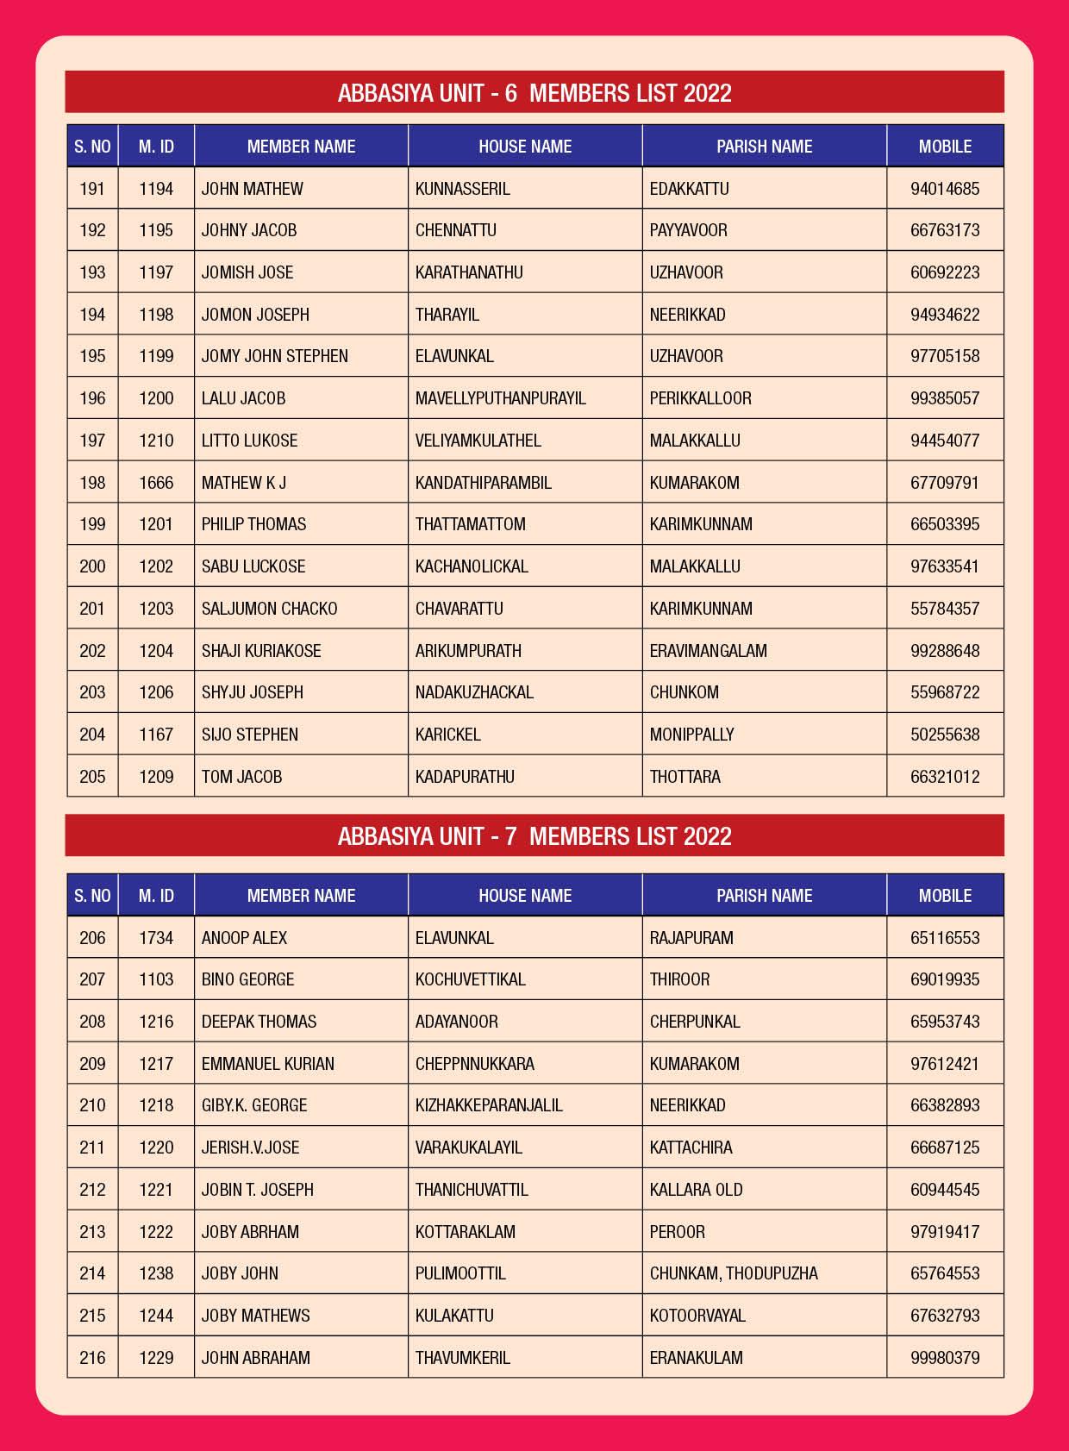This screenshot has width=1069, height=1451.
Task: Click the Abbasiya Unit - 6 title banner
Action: point(534,92)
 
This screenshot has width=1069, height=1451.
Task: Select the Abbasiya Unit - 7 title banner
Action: point(534,835)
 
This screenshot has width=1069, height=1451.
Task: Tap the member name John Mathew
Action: point(252,189)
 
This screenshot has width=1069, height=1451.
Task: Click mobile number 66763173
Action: point(945,230)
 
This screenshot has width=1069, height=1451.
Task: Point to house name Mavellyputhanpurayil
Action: point(500,398)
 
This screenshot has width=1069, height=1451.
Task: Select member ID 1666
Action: point(156,483)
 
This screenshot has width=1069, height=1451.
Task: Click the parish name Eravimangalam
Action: point(708,651)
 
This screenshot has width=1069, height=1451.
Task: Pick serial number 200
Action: point(92,566)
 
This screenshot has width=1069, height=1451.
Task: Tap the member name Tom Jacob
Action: point(241,777)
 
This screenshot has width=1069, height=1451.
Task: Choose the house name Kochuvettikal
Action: point(470,979)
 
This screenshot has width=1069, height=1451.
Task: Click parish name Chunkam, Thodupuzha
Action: point(734,1273)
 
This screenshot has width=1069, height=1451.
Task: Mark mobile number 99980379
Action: point(945,1358)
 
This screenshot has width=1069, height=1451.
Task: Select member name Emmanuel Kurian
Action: point(267,1064)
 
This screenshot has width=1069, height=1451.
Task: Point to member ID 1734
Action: point(156,938)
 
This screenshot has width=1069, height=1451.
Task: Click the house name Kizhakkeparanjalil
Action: point(489,1105)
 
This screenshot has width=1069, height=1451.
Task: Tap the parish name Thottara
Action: point(685,777)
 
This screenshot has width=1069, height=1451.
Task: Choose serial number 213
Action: point(92,1232)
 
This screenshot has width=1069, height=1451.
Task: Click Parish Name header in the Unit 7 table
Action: point(764,896)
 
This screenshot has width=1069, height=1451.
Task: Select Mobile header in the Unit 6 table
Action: point(945,147)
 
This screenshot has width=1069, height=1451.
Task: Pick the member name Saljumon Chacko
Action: point(269,609)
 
